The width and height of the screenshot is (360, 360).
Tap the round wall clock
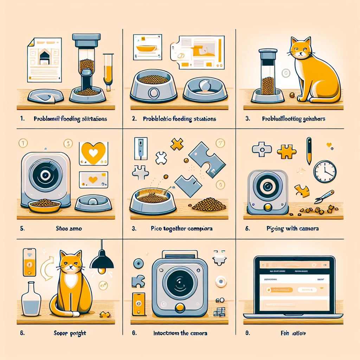325,171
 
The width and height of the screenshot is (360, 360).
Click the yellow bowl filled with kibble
45,206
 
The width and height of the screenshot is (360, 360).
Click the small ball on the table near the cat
292,95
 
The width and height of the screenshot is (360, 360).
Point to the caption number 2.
134,119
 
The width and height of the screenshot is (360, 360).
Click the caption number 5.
22,228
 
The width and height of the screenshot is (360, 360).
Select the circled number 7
220,143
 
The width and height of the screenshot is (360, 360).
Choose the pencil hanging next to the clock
309,150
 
